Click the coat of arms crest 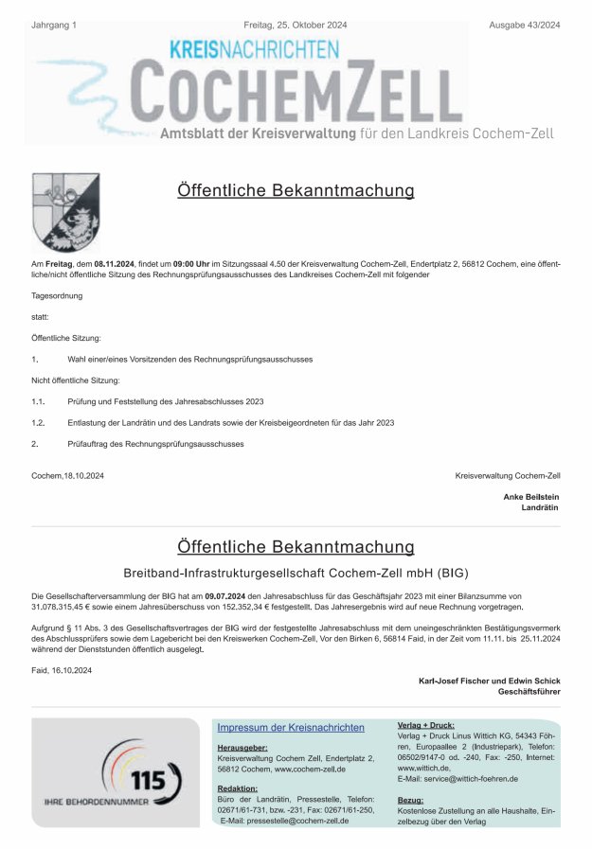pyautogui.click(x=65, y=211)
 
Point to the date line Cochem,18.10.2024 pyautogui.click(x=67, y=475)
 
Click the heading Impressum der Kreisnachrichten pyautogui.click(x=291, y=727)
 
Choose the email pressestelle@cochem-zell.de pyautogui.click(x=297, y=821)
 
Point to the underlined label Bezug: pyautogui.click(x=410, y=800)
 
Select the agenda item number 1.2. pyautogui.click(x=38, y=422)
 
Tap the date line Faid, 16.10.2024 pyautogui.click(x=62, y=670)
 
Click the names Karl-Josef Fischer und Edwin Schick pyautogui.click(x=489, y=681)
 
